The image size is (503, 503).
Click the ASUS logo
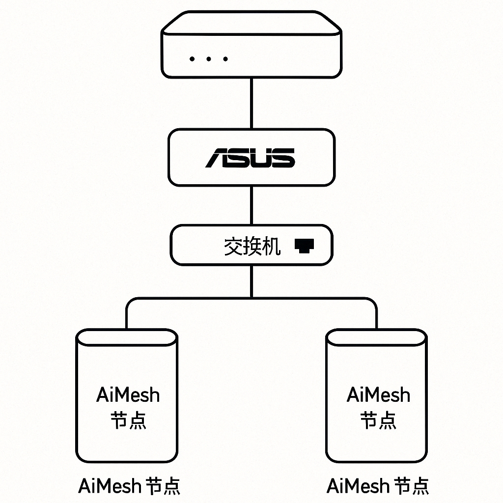(251, 158)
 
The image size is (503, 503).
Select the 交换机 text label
(252, 246)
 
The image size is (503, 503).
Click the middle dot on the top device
(209, 59)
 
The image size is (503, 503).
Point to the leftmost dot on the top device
(192, 59)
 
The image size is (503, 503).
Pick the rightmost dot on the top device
(225, 59)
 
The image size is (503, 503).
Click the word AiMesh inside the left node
(128, 395)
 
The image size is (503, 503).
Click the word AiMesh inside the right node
(378, 395)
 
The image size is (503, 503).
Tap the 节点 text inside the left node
(128, 420)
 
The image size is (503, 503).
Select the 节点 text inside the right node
(378, 420)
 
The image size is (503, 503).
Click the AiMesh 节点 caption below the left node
(129, 486)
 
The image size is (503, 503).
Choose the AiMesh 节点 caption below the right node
(378, 486)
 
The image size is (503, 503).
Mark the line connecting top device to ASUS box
(251, 104)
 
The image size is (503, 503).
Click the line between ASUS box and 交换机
(251, 205)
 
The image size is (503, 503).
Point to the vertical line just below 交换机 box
(251, 281)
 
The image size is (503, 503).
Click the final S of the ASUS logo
(283, 158)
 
